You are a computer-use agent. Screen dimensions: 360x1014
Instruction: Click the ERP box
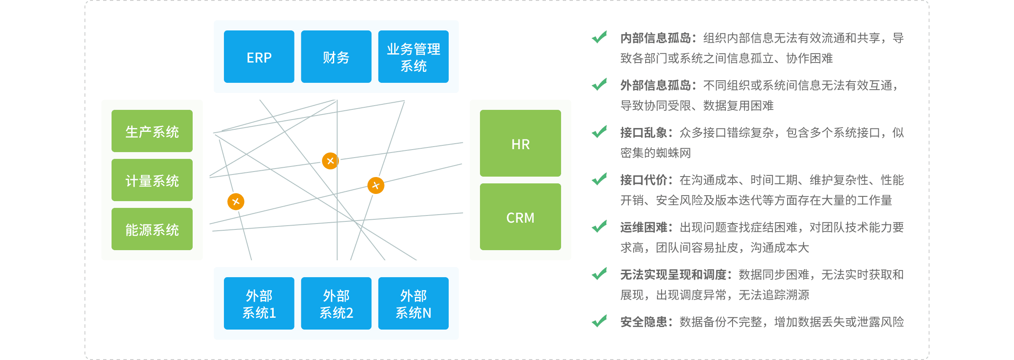click(259, 57)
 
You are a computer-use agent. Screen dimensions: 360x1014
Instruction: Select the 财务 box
click(336, 57)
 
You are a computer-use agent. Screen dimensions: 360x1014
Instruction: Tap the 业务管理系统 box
click(413, 57)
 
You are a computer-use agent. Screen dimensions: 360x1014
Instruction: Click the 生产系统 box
click(152, 131)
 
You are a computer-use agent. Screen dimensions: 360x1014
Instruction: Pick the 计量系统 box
click(152, 180)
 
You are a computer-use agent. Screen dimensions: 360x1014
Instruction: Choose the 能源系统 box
click(152, 229)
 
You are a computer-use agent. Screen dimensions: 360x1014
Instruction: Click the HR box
click(520, 144)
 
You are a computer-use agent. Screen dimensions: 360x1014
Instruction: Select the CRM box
click(520, 217)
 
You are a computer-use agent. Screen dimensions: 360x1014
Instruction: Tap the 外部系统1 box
click(259, 303)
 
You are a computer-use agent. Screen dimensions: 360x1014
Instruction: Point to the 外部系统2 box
click(336, 303)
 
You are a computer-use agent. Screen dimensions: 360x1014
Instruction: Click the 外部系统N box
click(413, 303)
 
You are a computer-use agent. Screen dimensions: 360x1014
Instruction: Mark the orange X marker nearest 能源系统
click(236, 202)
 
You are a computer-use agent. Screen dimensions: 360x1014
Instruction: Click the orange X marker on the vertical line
click(330, 161)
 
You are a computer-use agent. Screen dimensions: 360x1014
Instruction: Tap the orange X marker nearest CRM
click(376, 185)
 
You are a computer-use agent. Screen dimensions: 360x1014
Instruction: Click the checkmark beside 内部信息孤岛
click(599, 37)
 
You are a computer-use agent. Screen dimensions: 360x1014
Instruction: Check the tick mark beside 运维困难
click(599, 226)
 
